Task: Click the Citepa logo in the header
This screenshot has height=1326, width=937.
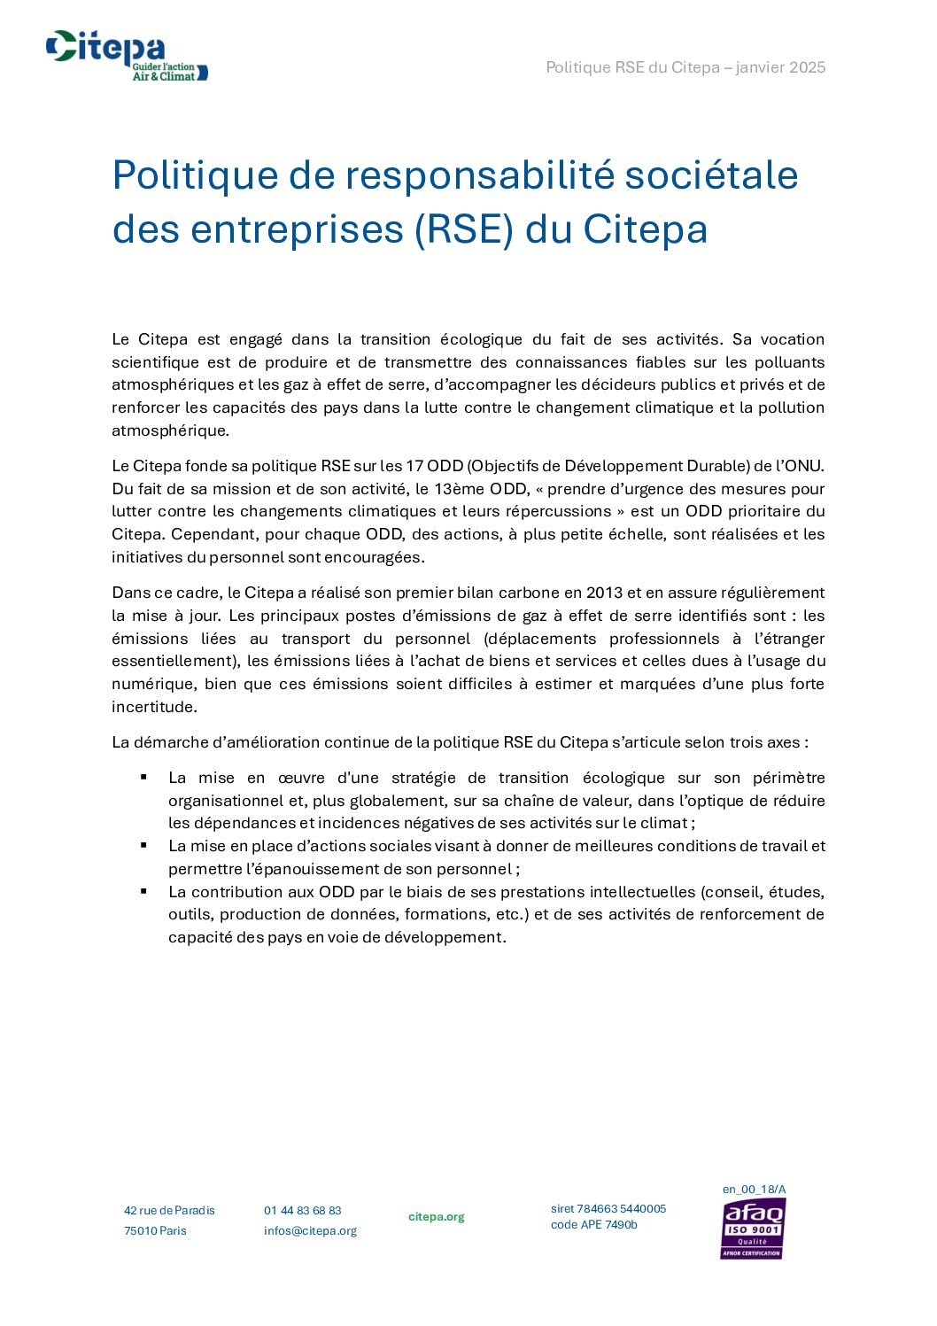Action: [x=127, y=56]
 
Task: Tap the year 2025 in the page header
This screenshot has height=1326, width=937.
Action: [x=807, y=67]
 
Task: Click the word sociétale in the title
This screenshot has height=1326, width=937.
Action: [x=711, y=175]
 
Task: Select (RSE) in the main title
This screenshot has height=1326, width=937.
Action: [x=464, y=229]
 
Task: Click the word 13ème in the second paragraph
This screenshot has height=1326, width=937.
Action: [x=458, y=489]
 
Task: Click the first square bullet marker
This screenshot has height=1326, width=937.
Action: [x=143, y=777]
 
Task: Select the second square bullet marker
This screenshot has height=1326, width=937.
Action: [x=143, y=845]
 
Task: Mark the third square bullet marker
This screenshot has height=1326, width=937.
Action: [x=143, y=891]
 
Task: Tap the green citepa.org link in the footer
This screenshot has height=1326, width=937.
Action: [x=436, y=1217]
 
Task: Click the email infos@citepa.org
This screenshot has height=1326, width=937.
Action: [x=310, y=1231]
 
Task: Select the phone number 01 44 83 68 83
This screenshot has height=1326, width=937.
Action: [x=302, y=1211]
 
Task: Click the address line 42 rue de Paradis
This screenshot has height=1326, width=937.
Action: [x=169, y=1211]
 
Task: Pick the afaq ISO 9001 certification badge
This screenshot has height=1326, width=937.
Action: [x=753, y=1229]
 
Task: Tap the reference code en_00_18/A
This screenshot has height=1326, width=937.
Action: [x=754, y=1190]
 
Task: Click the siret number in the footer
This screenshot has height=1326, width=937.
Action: [x=608, y=1209]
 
